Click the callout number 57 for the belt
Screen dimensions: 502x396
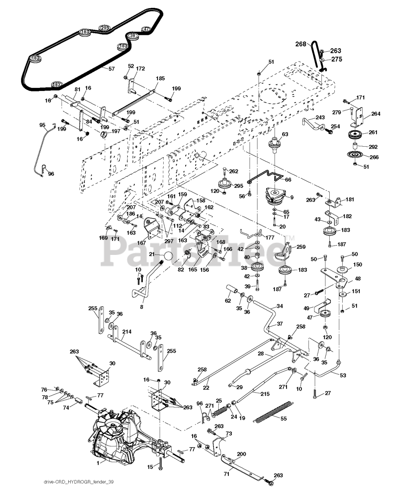112,69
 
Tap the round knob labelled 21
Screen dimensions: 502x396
168,256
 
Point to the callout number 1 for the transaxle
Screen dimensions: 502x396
99,463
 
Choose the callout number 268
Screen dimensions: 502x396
301,44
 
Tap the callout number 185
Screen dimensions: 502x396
160,78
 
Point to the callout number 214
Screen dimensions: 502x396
126,331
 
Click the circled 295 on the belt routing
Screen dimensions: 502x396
104,28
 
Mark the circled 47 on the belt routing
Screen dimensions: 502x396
146,29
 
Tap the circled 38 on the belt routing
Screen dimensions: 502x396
133,36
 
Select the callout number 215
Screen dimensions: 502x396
265,394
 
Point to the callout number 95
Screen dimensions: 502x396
42,125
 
